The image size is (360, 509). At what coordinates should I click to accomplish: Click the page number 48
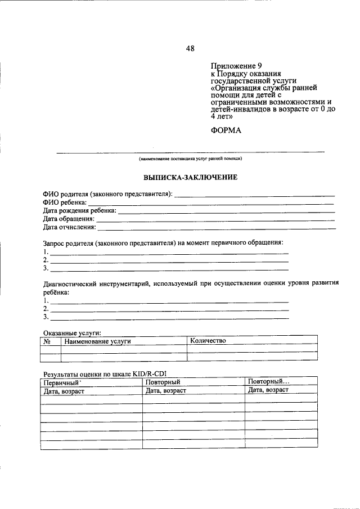pyautogui.click(x=190, y=49)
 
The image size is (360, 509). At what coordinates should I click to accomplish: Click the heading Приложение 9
pyautogui.click(x=232, y=65)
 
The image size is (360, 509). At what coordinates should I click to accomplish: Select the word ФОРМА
pyautogui.click(x=226, y=130)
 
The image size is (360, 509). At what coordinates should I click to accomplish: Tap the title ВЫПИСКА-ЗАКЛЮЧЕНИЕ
pyautogui.click(x=191, y=177)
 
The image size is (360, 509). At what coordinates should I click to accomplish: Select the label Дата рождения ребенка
pyautogui.click(x=80, y=210)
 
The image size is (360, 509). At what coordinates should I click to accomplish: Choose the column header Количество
pyautogui.click(x=208, y=341)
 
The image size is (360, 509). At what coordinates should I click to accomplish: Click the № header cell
pyautogui.click(x=50, y=341)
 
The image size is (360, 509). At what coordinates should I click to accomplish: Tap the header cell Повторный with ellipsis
pyautogui.click(x=268, y=382)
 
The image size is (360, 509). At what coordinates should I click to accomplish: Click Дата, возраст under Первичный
pyautogui.click(x=64, y=390)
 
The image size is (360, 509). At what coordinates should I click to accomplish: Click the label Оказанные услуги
pyautogui.click(x=72, y=333)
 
